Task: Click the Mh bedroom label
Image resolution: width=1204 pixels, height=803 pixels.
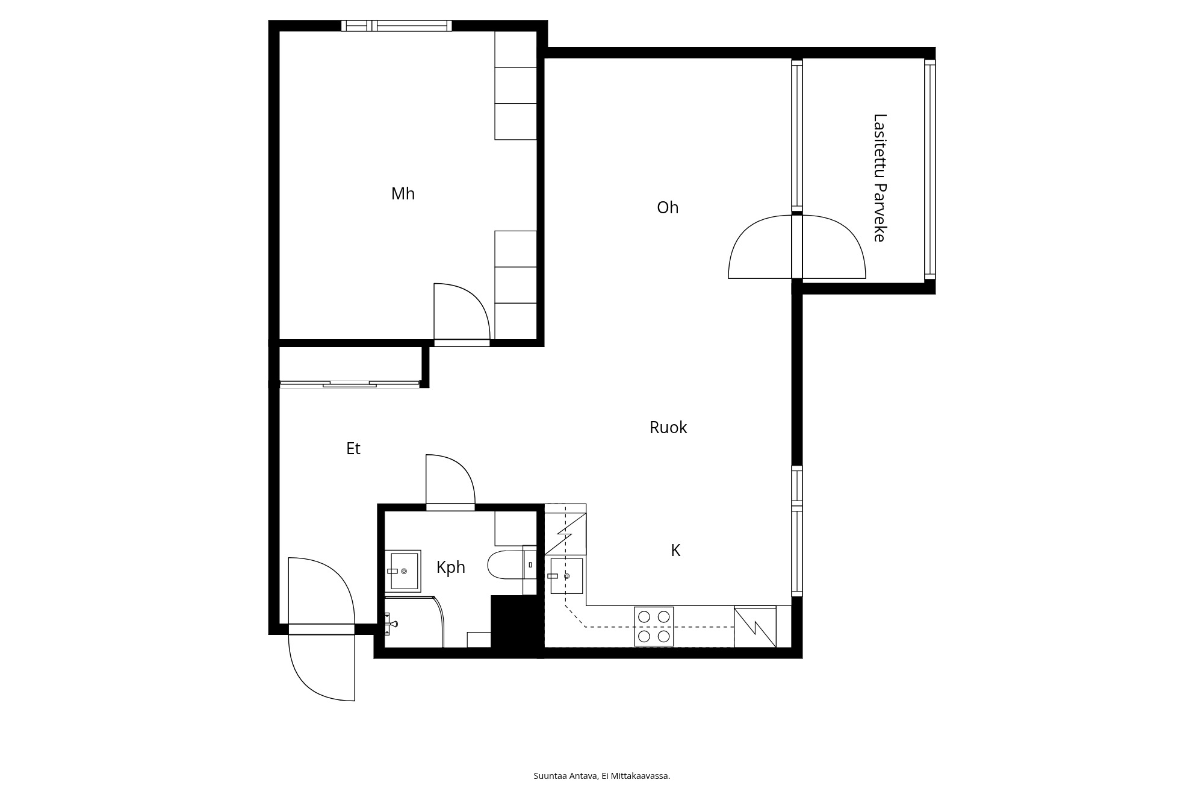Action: pos(403,194)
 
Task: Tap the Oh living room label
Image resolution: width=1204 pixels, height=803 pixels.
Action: pos(668,208)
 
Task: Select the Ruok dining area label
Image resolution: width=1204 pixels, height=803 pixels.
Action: pos(668,428)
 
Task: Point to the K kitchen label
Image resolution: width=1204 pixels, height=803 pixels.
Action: pos(675,551)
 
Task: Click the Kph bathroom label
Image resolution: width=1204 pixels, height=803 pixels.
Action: pos(451,567)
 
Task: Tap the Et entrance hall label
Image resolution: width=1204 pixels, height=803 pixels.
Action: pos(353,449)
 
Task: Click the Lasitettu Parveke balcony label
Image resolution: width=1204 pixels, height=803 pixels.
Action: pos(880,178)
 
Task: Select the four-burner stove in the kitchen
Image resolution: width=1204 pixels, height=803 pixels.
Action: pos(654,626)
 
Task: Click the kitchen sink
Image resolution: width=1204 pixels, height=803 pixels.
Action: pos(566,576)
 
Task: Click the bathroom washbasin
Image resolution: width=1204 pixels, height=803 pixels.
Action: pos(403,570)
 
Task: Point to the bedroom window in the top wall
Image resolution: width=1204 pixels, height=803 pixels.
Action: pos(396,26)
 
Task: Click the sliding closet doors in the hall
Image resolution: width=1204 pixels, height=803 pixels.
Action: pos(350,383)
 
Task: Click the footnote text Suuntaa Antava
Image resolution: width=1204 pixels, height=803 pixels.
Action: pos(566,776)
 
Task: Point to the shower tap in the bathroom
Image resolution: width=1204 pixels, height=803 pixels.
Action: pos(391,624)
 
